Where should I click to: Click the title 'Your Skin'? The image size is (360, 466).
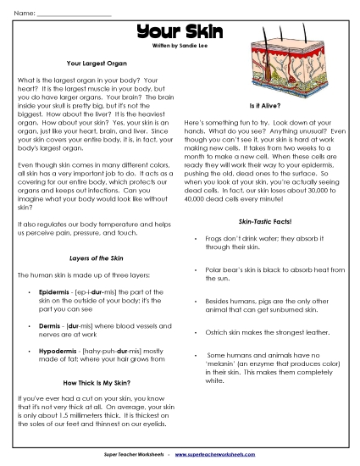180,32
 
